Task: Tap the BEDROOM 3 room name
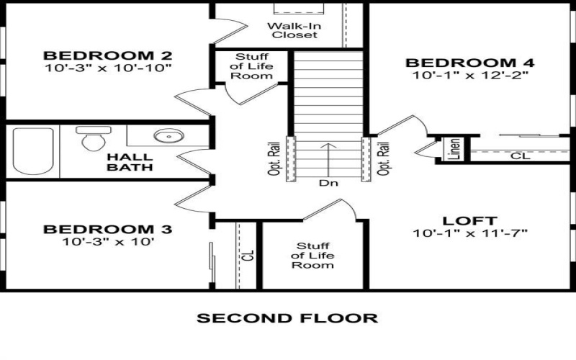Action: coord(107,230)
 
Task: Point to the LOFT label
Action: coord(471,220)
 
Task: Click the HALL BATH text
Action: coord(130,162)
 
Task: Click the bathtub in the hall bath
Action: coord(32,151)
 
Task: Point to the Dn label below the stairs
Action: coord(328,183)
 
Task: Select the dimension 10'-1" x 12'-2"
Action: coord(471,75)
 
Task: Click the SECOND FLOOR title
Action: coord(287,318)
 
